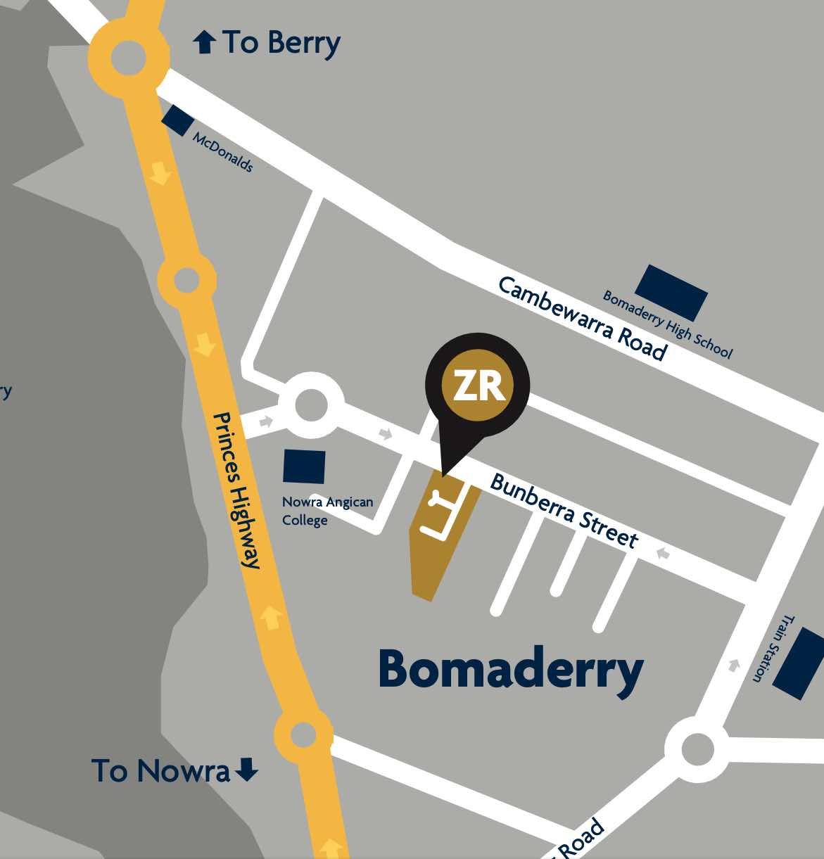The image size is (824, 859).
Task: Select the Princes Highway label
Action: (237, 490)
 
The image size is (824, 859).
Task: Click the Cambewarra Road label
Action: (582, 318)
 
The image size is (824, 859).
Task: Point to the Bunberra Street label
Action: (564, 511)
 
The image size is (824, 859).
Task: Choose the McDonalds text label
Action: (222, 152)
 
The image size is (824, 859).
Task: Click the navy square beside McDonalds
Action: (178, 120)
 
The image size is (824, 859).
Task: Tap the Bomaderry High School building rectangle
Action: (671, 293)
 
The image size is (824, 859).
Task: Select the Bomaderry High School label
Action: (667, 324)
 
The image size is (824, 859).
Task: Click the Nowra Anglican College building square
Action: (304, 466)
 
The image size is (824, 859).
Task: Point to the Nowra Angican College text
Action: (327, 511)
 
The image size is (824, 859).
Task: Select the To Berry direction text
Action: (281, 43)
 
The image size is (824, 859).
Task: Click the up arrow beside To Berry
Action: (204, 43)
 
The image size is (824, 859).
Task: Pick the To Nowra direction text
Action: (160, 771)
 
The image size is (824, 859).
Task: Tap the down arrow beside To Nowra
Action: (246, 770)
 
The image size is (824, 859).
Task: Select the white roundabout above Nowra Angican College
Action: (310, 405)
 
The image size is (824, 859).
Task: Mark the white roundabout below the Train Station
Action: (697, 749)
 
